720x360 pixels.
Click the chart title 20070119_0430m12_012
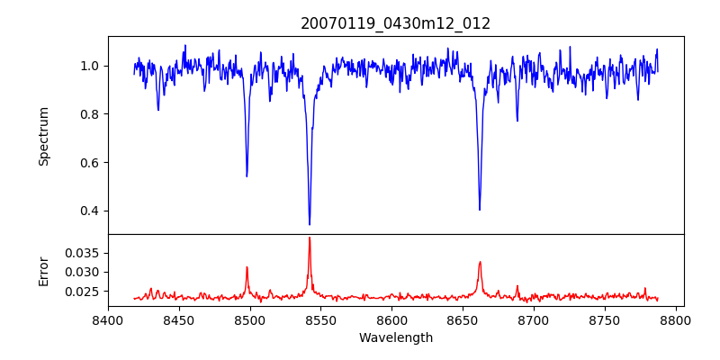point(395,23)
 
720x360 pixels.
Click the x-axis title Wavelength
point(395,338)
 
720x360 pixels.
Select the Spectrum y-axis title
point(44,136)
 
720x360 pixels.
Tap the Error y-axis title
point(44,271)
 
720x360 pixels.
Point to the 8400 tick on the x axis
point(108,320)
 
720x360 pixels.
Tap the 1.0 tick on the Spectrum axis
point(94,66)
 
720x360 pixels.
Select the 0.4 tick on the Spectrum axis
point(94,211)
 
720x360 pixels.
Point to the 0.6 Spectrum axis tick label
point(94,163)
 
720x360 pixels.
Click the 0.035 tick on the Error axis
point(85,253)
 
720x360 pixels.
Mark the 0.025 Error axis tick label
point(85,292)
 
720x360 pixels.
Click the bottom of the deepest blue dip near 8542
point(310,224)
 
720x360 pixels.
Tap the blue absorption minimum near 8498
point(247,175)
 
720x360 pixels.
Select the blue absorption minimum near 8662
point(480,210)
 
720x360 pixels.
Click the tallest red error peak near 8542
point(310,238)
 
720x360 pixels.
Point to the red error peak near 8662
point(480,262)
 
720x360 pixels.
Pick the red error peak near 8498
point(247,267)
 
